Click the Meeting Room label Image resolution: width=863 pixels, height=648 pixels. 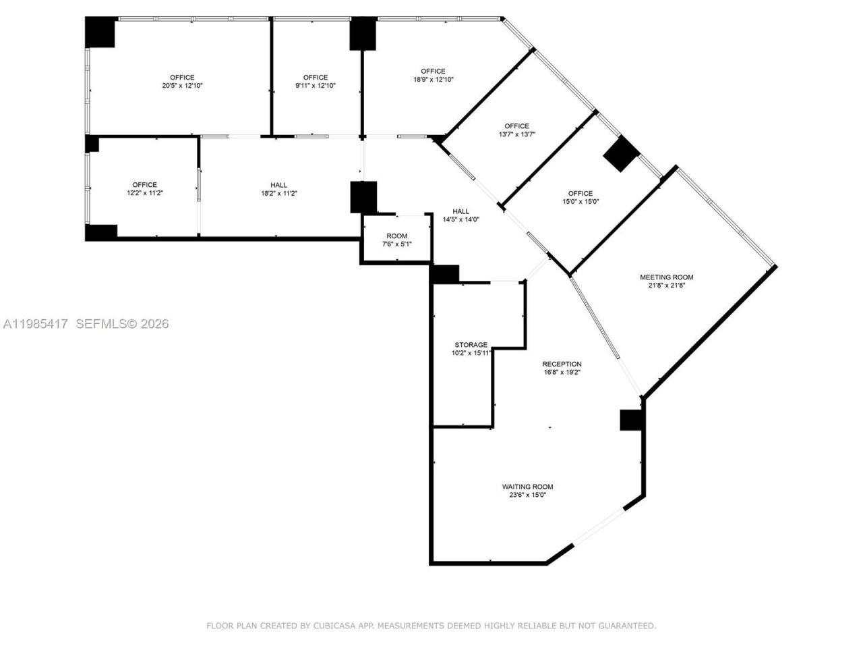tap(666, 277)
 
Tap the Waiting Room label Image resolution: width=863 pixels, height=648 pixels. tap(527, 487)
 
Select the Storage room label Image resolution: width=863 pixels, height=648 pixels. tap(471, 345)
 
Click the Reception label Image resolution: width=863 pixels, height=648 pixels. tap(562, 364)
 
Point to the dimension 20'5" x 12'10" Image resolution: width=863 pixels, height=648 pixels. tap(182, 86)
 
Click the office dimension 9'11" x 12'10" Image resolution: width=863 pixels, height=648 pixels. tap(315, 86)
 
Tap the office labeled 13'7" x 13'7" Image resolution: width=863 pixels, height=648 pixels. tap(516, 130)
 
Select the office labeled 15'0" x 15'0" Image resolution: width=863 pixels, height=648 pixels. tap(580, 197)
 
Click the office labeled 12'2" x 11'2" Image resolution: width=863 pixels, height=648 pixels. tap(144, 189)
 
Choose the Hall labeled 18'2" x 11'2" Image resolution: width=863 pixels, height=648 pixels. tap(278, 189)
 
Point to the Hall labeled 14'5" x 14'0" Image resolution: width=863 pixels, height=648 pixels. tap(460, 215)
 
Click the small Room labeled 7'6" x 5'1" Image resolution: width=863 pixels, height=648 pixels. tap(396, 240)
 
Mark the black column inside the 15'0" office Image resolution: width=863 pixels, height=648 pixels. tap(620, 154)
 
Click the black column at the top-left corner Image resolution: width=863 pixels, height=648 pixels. tap(100, 32)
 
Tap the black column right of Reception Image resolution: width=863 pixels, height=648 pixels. tap(632, 420)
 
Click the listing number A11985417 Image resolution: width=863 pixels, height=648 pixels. tap(35, 324)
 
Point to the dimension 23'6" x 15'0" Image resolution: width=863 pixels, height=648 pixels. tap(527, 495)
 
